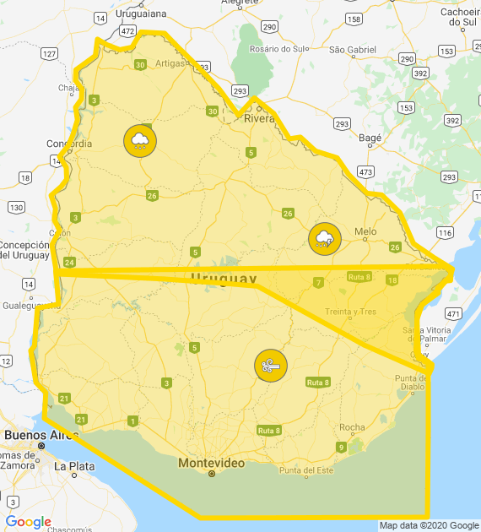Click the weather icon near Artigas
(x=140, y=140)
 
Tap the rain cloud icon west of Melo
(x=325, y=239)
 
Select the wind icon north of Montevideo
(x=271, y=366)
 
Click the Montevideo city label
(x=211, y=463)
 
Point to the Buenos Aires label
(x=36, y=435)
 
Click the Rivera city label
(x=260, y=119)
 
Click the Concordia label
(x=70, y=144)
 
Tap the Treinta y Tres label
(x=350, y=312)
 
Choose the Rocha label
(x=352, y=427)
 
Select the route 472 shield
(x=127, y=30)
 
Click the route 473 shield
(x=365, y=171)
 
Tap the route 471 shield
(x=454, y=313)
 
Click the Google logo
(x=28, y=522)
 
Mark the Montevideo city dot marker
(x=212, y=474)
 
